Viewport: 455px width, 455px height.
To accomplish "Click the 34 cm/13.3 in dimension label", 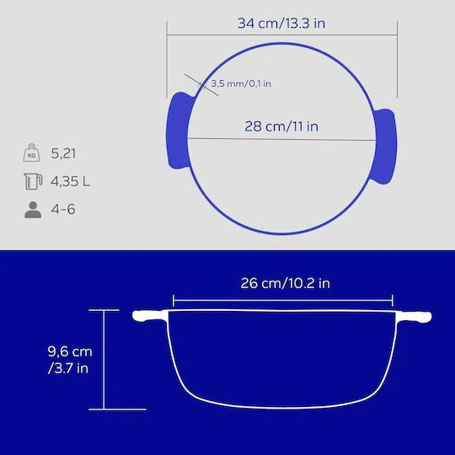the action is (x=281, y=24).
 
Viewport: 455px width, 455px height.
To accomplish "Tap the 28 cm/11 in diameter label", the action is (x=281, y=126).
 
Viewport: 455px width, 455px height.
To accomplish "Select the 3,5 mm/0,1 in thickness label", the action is (x=240, y=84).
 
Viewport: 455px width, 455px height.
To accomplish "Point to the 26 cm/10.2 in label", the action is (x=286, y=283).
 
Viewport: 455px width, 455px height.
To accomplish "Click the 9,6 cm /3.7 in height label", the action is (x=70, y=360).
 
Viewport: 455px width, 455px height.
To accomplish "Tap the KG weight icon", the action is (x=32, y=153).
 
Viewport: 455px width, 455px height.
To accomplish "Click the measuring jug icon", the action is (x=33, y=181).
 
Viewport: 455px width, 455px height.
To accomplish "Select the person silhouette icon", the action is (x=33, y=210).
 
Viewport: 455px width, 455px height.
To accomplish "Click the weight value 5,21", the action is (x=63, y=153).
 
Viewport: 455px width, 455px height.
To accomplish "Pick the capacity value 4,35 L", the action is (x=70, y=182).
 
